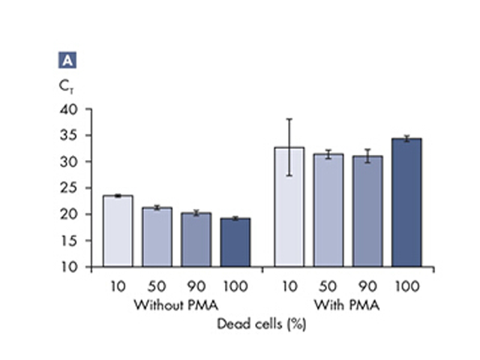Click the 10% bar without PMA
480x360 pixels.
(118, 231)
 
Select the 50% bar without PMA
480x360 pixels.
(157, 237)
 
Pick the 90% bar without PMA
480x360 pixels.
(196, 239)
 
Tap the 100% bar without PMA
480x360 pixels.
(235, 242)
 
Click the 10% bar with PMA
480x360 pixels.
(289, 207)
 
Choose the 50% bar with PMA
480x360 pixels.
(328, 211)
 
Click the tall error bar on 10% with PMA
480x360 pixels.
(289, 147)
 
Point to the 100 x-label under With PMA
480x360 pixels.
(406, 286)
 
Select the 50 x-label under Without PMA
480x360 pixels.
(157, 286)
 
